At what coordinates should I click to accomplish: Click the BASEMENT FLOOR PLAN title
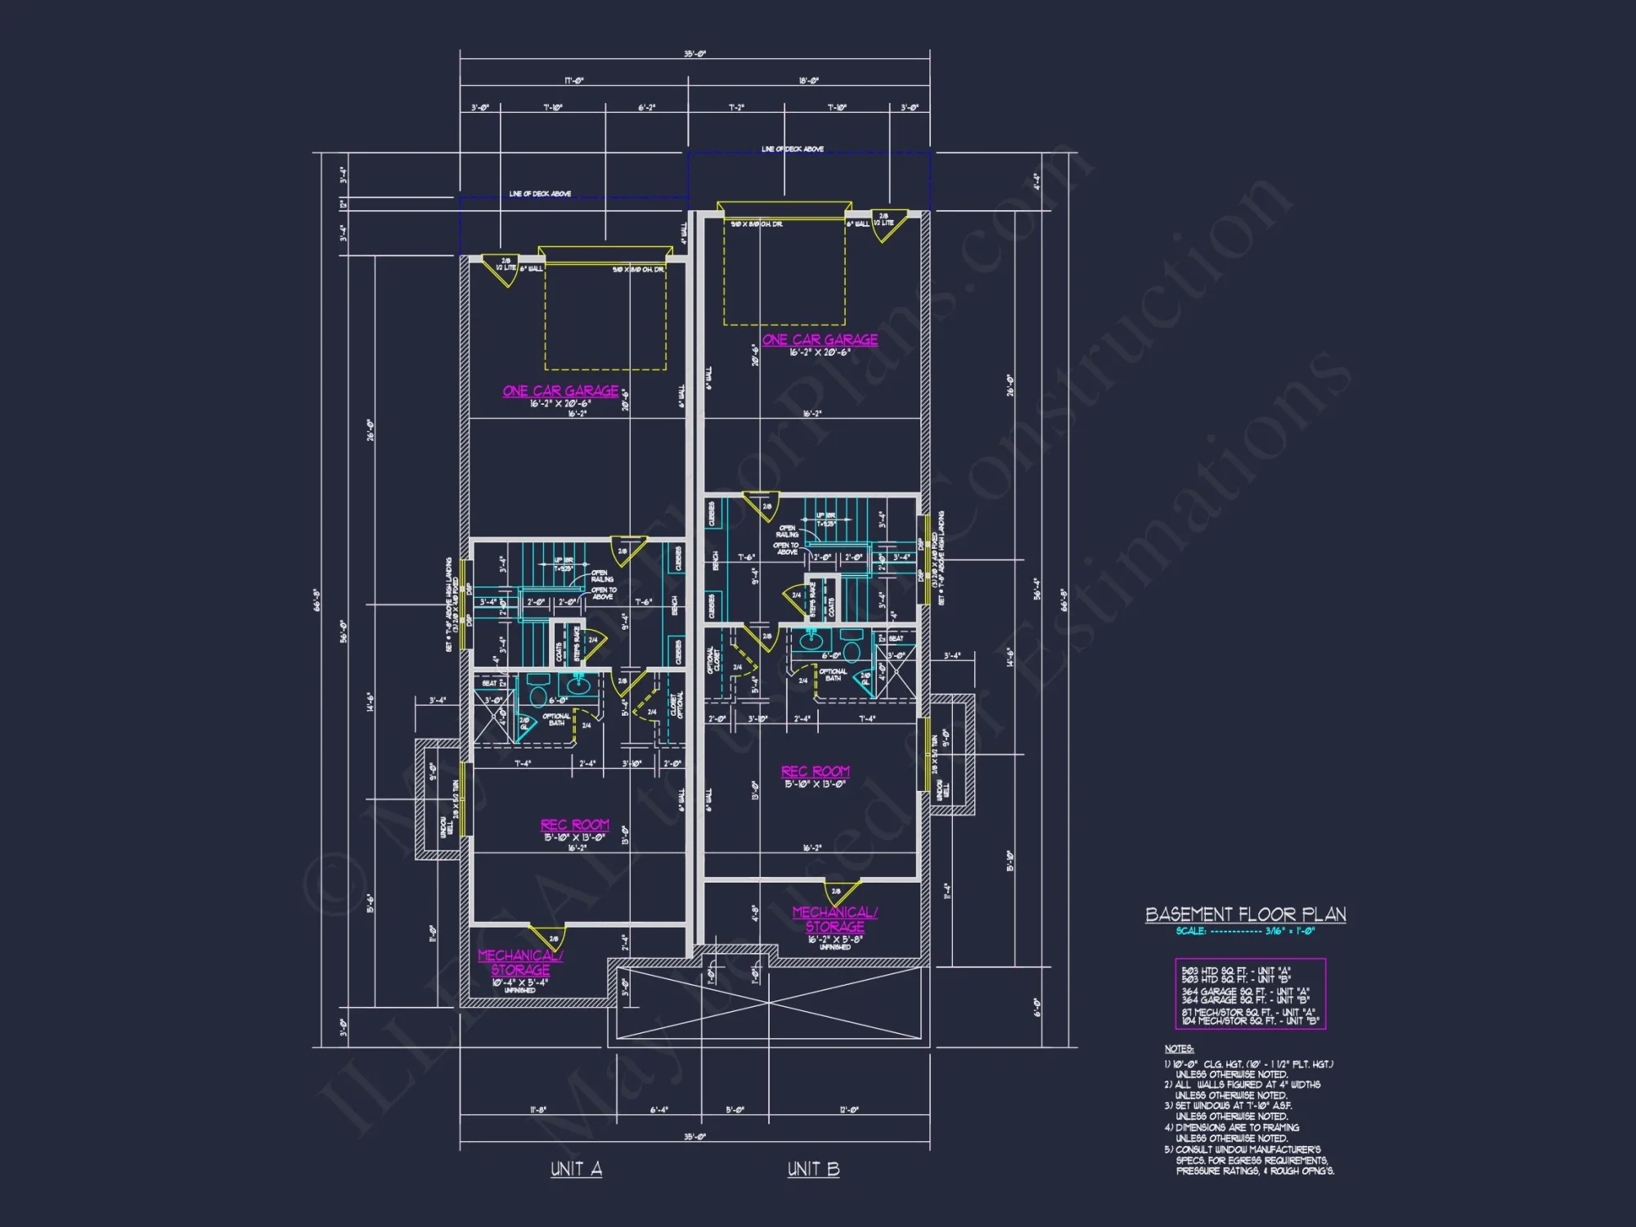[1245, 915]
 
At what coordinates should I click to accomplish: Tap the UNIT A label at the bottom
[576, 1169]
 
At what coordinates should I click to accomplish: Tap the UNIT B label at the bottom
[813, 1169]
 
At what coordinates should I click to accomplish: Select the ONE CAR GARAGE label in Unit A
[560, 391]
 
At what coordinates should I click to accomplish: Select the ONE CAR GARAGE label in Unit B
[820, 339]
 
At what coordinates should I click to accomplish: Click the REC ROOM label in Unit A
[574, 825]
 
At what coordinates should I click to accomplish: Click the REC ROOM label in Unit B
[815, 771]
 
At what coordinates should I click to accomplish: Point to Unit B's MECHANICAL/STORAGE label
[834, 919]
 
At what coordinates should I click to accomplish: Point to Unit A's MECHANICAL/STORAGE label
[520, 963]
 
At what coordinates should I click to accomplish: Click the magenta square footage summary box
[1250, 994]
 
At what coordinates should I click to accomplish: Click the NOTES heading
[1179, 1049]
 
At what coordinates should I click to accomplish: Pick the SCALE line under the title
[1245, 931]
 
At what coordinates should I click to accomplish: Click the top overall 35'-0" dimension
[694, 55]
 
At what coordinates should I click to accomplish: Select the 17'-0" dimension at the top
[573, 81]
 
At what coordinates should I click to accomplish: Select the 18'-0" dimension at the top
[808, 81]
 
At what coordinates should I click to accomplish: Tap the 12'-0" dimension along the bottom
[849, 1110]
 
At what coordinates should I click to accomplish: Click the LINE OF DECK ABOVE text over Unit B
[792, 150]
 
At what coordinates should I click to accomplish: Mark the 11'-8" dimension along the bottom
[537, 1110]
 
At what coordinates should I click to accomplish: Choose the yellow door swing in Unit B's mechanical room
[845, 892]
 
